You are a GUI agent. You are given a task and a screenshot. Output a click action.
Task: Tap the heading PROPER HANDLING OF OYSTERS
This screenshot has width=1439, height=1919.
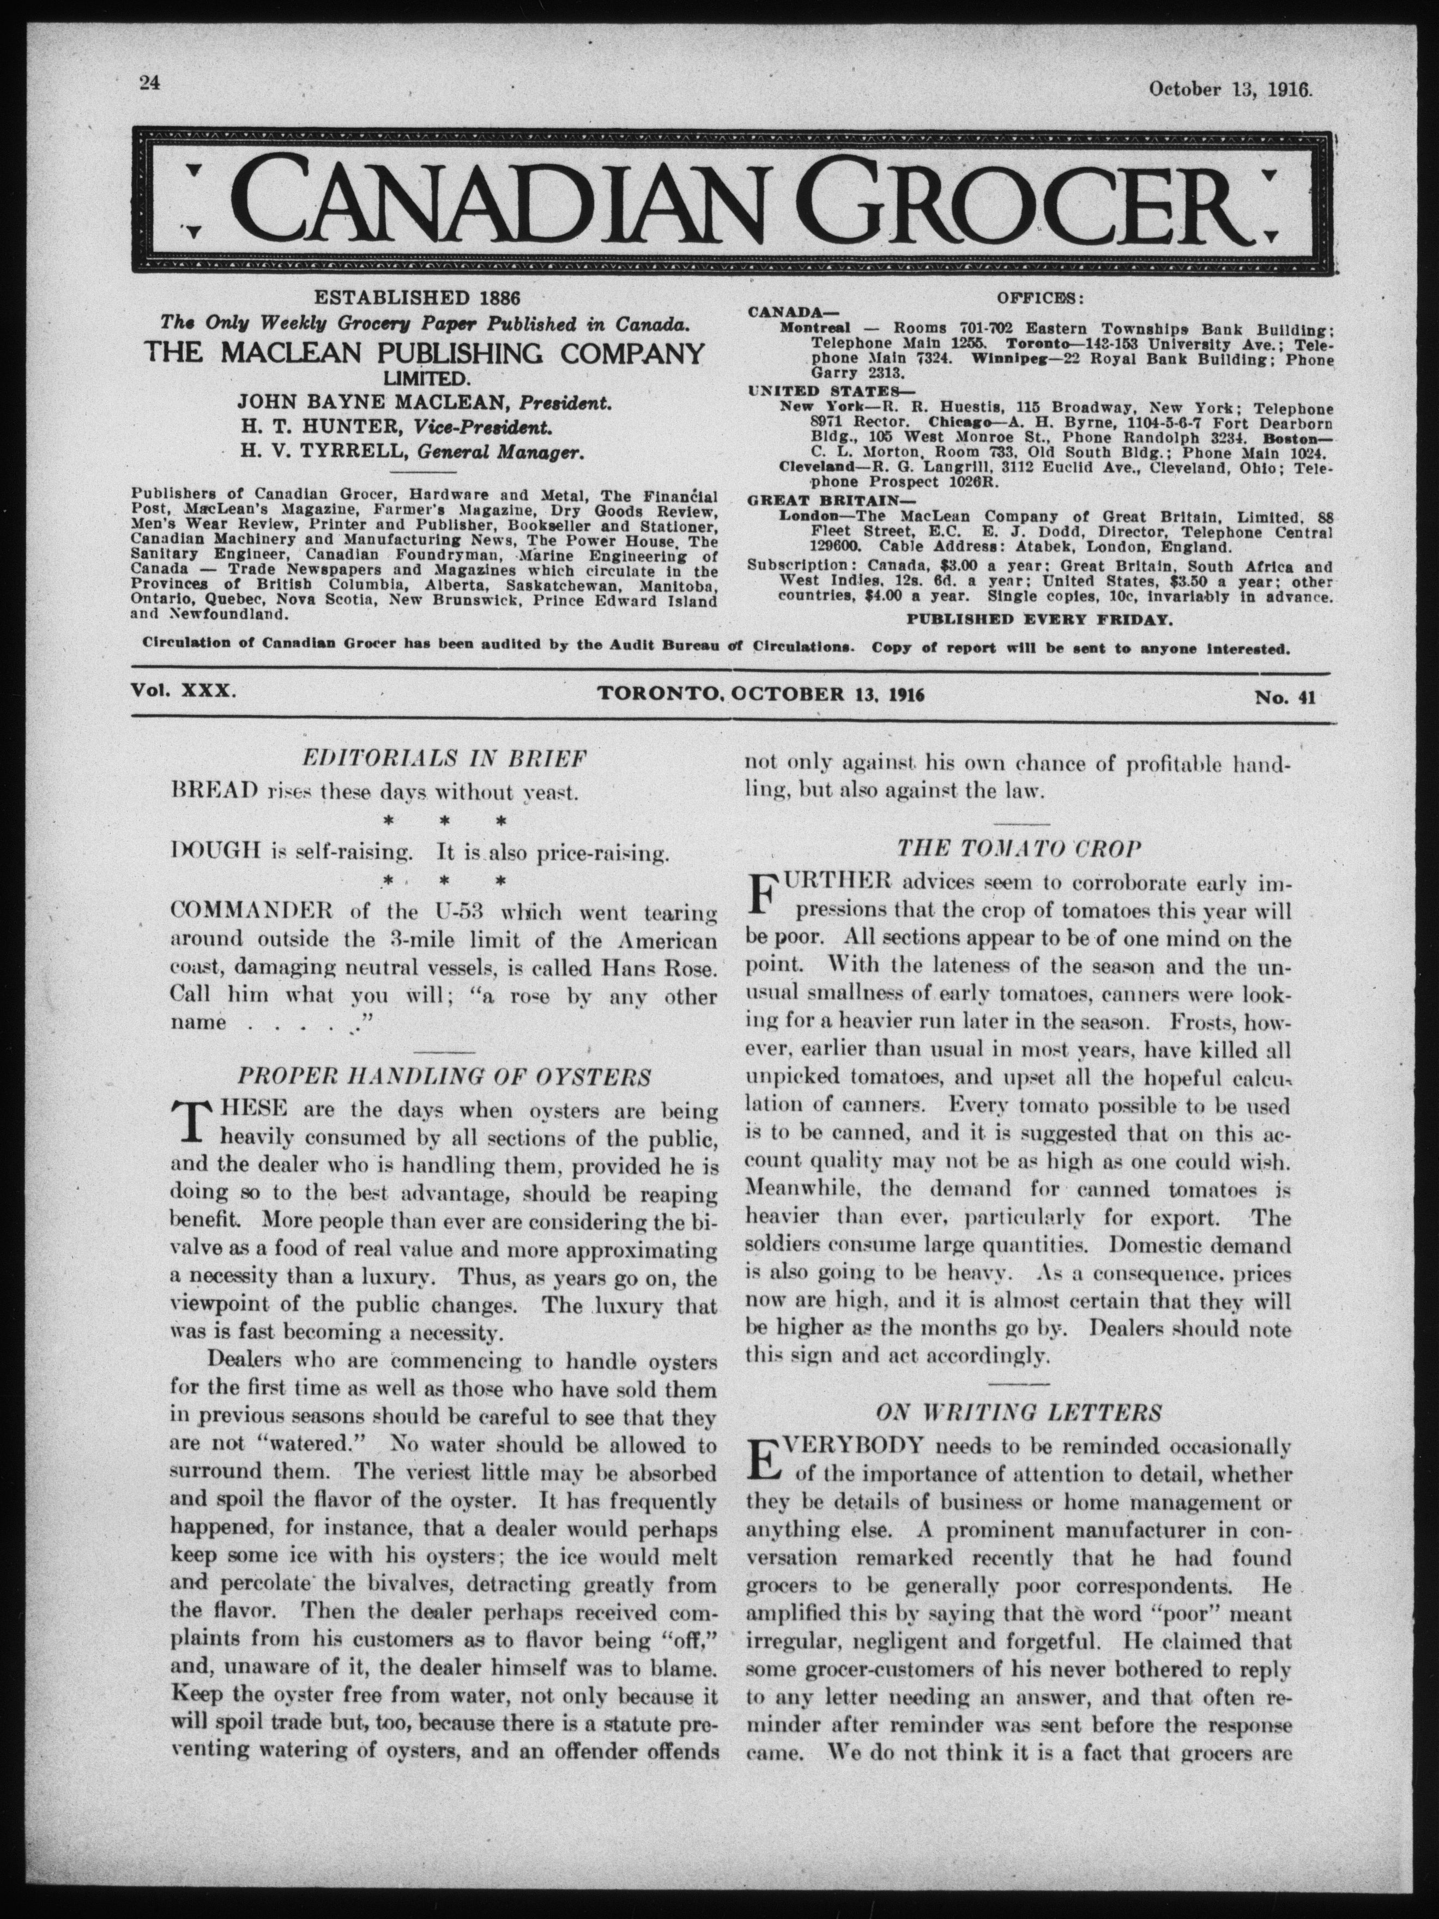[x=444, y=1077]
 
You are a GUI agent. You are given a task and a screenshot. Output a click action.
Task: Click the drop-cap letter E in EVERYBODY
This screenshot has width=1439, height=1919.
[x=761, y=1460]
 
